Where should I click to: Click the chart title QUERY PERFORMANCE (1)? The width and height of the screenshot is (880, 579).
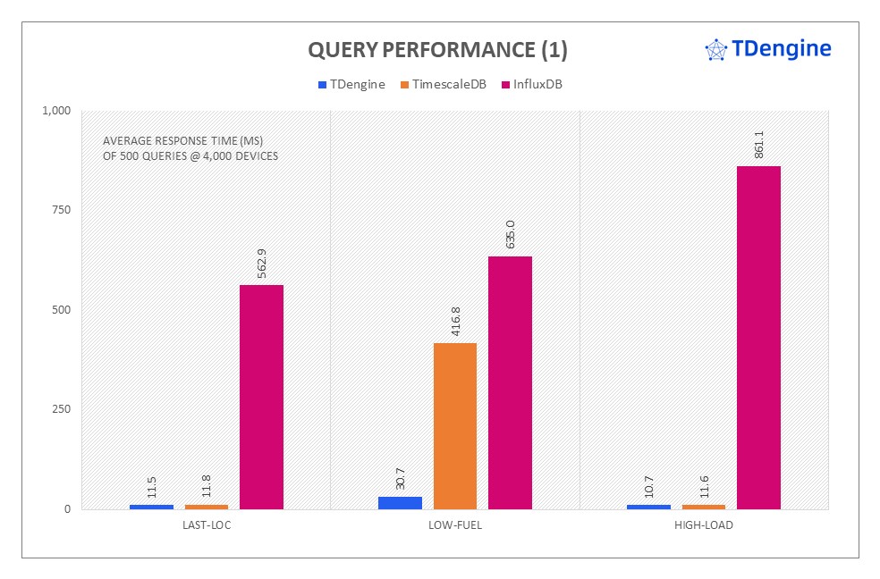tap(437, 50)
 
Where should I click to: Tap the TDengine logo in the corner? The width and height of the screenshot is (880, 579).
tap(768, 49)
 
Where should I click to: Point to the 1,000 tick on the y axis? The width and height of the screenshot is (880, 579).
tap(55, 111)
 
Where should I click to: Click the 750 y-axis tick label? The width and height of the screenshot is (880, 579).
tap(61, 210)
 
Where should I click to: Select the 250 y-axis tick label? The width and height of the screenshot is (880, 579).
tap(61, 409)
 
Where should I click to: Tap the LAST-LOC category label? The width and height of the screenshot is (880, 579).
tap(206, 524)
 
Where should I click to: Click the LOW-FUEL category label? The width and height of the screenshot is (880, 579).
tap(455, 524)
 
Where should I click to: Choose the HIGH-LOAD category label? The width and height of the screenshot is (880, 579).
tap(704, 524)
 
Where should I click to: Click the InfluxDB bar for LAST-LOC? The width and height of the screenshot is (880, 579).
tap(261, 397)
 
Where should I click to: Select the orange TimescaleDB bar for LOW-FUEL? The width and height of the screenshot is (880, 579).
tap(455, 426)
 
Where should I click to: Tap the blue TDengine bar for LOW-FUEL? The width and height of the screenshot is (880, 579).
tap(400, 503)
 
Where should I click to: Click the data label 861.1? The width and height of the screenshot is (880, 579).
tap(759, 144)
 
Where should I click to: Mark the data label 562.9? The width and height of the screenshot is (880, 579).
tap(262, 263)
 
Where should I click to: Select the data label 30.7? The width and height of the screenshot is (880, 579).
tap(401, 475)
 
